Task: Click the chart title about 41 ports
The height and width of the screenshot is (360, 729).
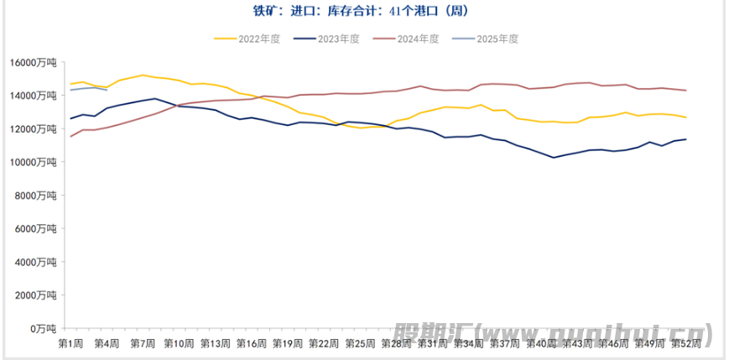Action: click(364, 11)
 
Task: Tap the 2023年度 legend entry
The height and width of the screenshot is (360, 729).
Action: click(338, 39)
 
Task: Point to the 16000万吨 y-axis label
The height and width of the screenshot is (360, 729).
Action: click(34, 63)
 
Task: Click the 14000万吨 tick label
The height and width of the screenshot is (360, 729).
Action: click(34, 96)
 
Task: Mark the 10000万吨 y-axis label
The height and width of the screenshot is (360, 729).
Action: click(34, 162)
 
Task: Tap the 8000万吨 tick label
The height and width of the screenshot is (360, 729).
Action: click(36, 196)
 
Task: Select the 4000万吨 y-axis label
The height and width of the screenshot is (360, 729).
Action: click(36, 262)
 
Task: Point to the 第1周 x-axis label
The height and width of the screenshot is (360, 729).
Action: click(70, 343)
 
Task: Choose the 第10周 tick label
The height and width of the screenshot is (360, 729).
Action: click(180, 343)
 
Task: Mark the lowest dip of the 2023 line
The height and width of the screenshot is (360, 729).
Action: click(553, 157)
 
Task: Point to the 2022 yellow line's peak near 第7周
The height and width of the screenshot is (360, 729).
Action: click(142, 76)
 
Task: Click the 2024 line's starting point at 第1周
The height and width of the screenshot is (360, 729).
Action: click(70, 136)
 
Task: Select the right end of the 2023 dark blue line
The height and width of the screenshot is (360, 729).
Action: click(686, 139)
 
